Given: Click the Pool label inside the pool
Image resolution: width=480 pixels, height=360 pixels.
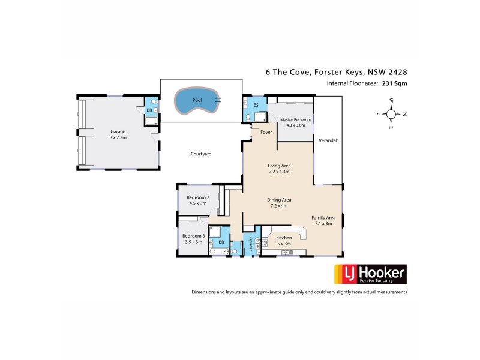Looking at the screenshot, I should [197, 101].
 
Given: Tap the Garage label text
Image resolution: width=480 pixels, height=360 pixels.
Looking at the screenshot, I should [116, 131].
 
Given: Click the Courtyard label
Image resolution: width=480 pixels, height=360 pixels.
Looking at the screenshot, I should [200, 154].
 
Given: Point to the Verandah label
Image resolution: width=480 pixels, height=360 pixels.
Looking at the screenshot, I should [328, 140].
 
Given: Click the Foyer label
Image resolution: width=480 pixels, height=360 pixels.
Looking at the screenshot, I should [266, 132].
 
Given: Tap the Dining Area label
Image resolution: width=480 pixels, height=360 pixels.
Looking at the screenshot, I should [279, 199].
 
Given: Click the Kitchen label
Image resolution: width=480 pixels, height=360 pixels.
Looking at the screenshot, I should [284, 238].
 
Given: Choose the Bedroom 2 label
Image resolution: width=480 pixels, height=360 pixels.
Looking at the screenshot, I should [197, 197].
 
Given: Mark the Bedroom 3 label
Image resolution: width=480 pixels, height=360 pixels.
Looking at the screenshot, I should [194, 236].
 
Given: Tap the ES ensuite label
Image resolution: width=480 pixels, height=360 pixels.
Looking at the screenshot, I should [256, 105].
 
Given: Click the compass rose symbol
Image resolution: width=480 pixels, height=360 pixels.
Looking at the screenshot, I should [391, 113].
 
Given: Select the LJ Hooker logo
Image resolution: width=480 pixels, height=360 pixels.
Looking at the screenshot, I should [370, 274].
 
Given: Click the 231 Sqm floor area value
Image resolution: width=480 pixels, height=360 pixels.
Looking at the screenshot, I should [394, 84].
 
